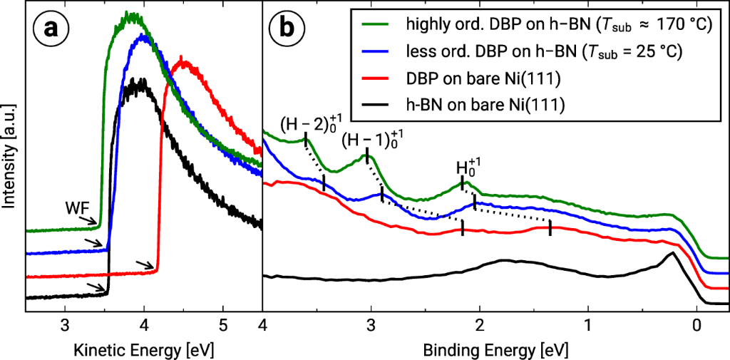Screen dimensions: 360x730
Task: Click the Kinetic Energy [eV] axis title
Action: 144,351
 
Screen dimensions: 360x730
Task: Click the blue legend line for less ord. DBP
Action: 376,51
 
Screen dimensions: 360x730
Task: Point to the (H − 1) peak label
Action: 368,140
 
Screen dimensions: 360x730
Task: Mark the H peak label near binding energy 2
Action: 466,170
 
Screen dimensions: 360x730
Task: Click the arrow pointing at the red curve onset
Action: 145,266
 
